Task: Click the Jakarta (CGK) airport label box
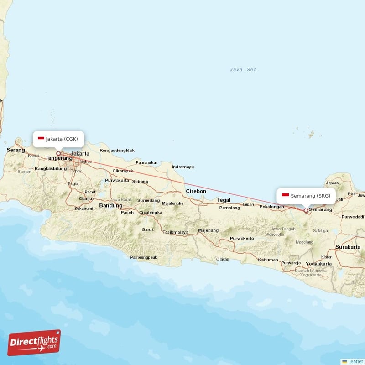pyautogui.click(x=58, y=139)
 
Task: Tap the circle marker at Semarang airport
pyautogui.click(x=306, y=210)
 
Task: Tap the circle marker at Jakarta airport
pyautogui.click(x=58, y=153)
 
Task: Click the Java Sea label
pyautogui.click(x=243, y=70)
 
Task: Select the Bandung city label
pyautogui.click(x=110, y=206)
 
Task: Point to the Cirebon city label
pyautogui.click(x=196, y=191)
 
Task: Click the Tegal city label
pyautogui.click(x=224, y=200)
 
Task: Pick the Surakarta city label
pyautogui.click(x=348, y=247)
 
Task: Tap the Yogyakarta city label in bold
pyautogui.click(x=318, y=264)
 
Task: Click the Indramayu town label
pyautogui.click(x=182, y=167)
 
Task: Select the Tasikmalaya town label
pyautogui.click(x=175, y=232)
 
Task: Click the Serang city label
pyautogui.click(x=16, y=150)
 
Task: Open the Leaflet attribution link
pyautogui.click(x=355, y=361)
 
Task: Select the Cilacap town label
pyautogui.click(x=222, y=259)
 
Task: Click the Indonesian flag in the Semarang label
pyautogui.click(x=285, y=196)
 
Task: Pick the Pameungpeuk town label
pyautogui.click(x=144, y=257)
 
